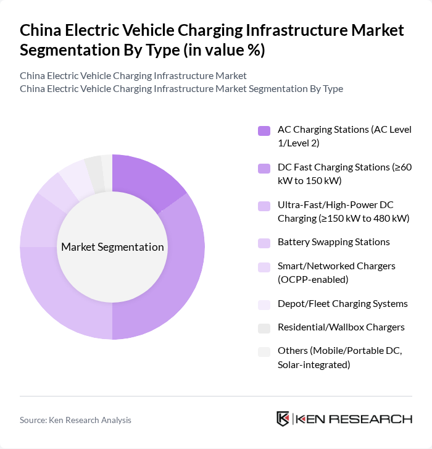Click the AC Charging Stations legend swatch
(x=264, y=130)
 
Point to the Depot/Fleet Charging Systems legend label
(x=343, y=303)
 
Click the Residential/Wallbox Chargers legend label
(x=341, y=327)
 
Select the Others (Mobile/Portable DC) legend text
(x=339, y=358)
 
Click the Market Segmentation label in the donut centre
(x=112, y=247)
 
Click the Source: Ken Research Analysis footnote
(x=75, y=420)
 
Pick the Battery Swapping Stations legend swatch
(x=264, y=242)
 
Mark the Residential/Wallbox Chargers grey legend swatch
(x=264, y=327)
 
